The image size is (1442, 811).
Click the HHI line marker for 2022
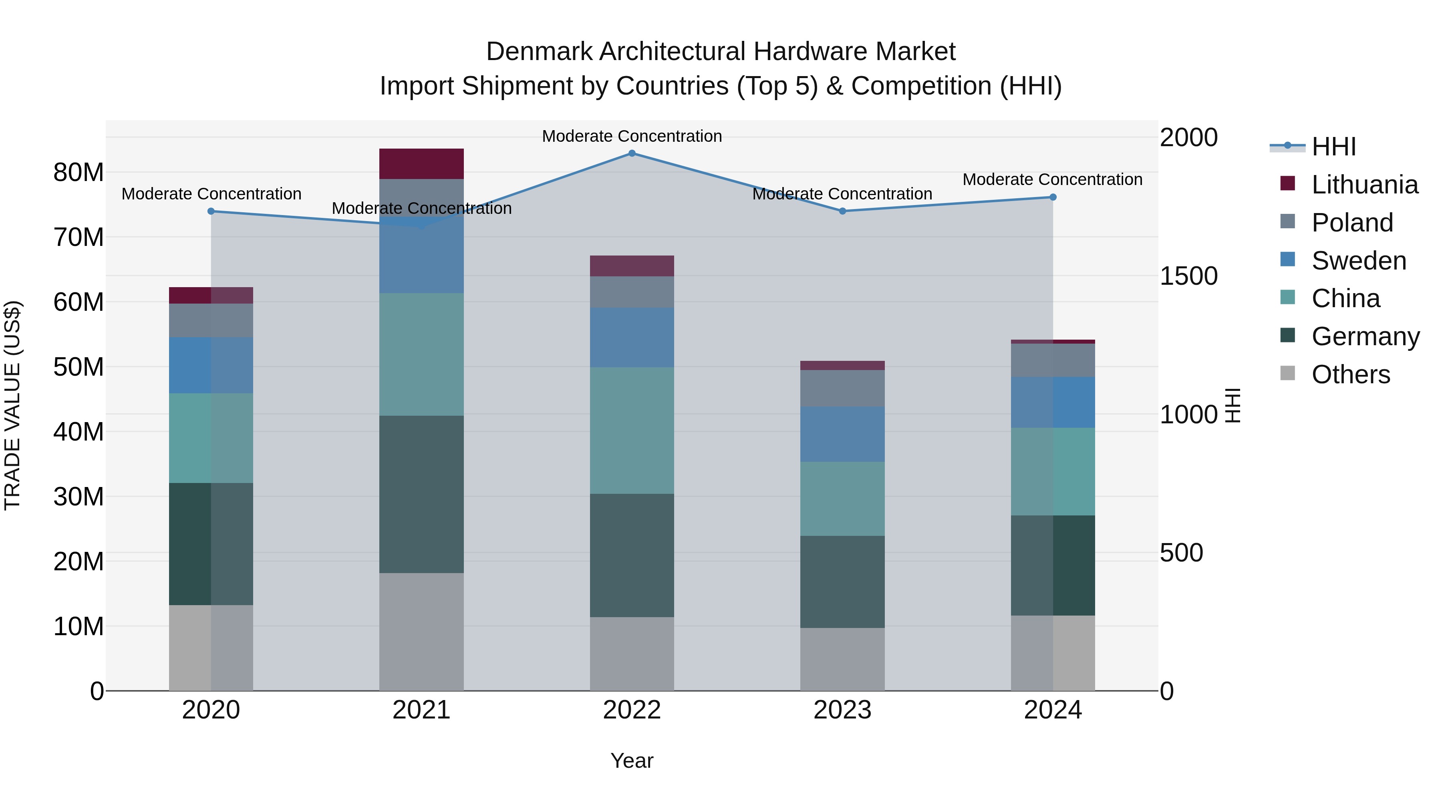(x=632, y=153)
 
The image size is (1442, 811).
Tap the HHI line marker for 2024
(x=1053, y=197)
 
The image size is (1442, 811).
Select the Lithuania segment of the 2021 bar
(x=421, y=164)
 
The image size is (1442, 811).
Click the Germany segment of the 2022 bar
(x=632, y=555)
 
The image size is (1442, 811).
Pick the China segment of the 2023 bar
(x=842, y=499)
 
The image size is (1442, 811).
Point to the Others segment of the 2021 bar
(x=421, y=631)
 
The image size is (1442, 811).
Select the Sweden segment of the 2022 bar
(x=632, y=337)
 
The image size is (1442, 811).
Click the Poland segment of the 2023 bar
(x=842, y=388)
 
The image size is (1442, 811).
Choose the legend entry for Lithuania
(x=1364, y=185)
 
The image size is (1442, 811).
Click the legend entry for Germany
(x=1365, y=336)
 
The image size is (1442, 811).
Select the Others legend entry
(x=1350, y=374)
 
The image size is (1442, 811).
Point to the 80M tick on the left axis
(x=79, y=172)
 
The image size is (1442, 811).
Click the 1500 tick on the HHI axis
(x=1188, y=276)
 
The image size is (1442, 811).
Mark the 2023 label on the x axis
(x=842, y=710)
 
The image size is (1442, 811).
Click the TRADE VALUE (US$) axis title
(x=12, y=405)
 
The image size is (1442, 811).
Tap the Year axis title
(x=632, y=761)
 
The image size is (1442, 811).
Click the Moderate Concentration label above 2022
(x=632, y=136)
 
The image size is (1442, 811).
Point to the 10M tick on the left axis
(x=79, y=626)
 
